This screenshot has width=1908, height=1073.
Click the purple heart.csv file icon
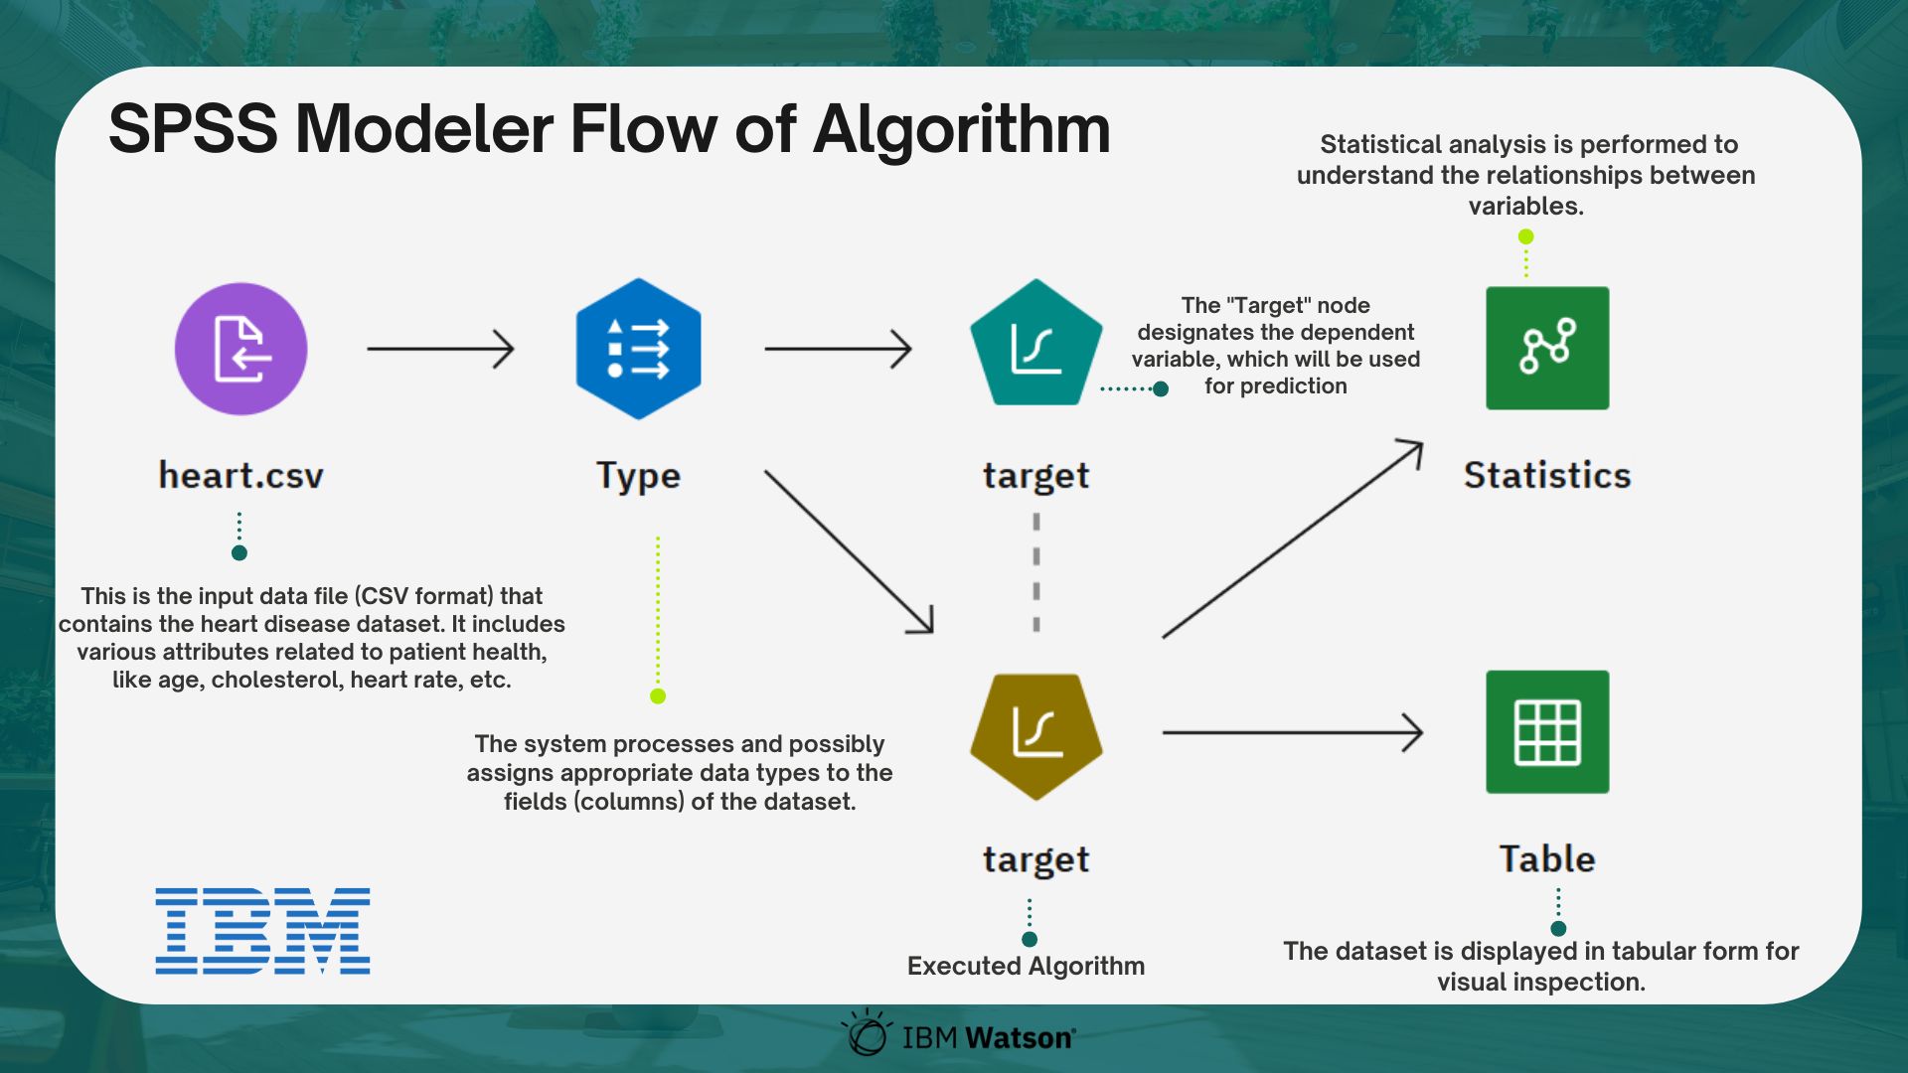tap(240, 349)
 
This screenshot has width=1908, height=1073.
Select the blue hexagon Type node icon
tap(638, 349)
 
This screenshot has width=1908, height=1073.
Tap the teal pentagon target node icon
tap(1035, 345)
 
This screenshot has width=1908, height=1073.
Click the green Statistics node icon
tap(1547, 348)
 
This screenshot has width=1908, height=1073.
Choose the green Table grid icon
tap(1547, 732)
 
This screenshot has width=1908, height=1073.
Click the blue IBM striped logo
tap(262, 931)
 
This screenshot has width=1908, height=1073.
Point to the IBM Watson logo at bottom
tap(960, 1035)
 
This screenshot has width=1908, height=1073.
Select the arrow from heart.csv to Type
tap(440, 349)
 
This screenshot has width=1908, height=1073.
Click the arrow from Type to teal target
tap(838, 349)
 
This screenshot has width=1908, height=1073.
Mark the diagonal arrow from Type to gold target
tap(849, 551)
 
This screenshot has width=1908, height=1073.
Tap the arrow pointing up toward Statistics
tap(1292, 539)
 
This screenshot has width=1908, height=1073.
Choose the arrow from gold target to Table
tap(1292, 733)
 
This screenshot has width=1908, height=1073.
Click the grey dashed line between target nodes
tap(1036, 572)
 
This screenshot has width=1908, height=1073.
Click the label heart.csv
tap(241, 476)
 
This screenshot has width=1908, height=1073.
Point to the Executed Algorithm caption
tap(1026, 966)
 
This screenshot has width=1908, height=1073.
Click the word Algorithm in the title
tap(961, 130)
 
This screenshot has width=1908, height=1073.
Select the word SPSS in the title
tap(193, 130)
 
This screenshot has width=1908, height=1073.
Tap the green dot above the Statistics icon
tap(1526, 236)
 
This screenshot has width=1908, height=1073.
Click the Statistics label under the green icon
tap(1547, 476)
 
